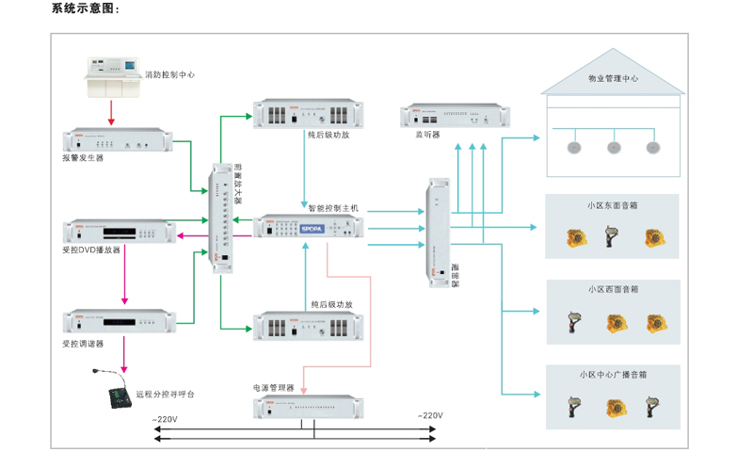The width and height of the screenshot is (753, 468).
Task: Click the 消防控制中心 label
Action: click(x=169, y=73)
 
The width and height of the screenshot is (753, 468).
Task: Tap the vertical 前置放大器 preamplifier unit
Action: click(x=222, y=218)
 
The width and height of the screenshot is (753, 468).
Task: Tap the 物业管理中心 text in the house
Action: click(x=612, y=79)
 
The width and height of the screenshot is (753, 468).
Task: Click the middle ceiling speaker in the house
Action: click(x=614, y=147)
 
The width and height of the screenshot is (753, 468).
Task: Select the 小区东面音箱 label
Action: click(x=612, y=205)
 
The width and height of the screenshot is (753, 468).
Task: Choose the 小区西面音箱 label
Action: click(x=612, y=289)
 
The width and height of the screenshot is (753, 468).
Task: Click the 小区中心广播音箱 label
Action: click(x=612, y=374)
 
